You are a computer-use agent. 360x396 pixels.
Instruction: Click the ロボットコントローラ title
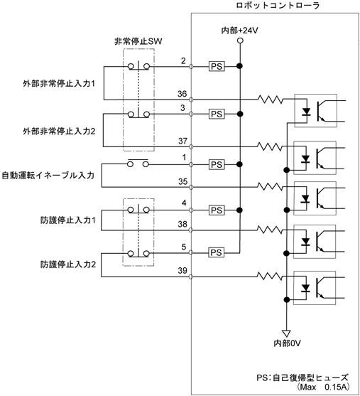pyautogui.click(x=278, y=5)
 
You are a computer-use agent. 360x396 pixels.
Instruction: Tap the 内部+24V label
pyautogui.click(x=240, y=31)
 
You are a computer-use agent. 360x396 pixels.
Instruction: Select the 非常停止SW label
pyautogui.click(x=138, y=41)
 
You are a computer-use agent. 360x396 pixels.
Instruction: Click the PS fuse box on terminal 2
pyautogui.click(x=217, y=66)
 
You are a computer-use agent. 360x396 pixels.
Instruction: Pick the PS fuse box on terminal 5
pyautogui.click(x=217, y=252)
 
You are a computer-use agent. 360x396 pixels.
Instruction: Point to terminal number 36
pyautogui.click(x=182, y=94)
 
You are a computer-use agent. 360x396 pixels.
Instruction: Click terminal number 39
pyautogui.click(x=182, y=270)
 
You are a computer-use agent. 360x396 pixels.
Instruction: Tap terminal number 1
pyautogui.click(x=185, y=157)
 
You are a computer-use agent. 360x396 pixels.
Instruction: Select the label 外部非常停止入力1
pyautogui.click(x=59, y=84)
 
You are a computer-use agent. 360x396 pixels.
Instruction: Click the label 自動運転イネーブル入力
pyautogui.click(x=48, y=176)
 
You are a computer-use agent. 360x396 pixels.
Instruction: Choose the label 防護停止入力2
pyautogui.click(x=68, y=264)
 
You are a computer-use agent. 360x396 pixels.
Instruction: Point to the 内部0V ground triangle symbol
pyautogui.click(x=287, y=333)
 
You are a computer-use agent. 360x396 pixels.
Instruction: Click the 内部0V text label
pyautogui.click(x=288, y=343)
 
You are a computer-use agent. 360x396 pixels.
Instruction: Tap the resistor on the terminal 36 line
pyautogui.click(x=271, y=100)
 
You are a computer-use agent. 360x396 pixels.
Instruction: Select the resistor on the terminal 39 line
pyautogui.click(x=270, y=276)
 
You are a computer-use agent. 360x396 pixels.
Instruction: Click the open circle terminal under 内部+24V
pyautogui.click(x=240, y=41)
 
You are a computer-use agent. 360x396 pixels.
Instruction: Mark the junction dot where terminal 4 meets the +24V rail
pyautogui.click(x=240, y=210)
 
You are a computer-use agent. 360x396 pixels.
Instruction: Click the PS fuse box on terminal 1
pyautogui.click(x=217, y=165)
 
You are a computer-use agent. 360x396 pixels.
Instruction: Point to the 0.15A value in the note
pyautogui.click(x=337, y=387)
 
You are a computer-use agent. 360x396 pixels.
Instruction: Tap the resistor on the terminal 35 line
pyautogui.click(x=270, y=187)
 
